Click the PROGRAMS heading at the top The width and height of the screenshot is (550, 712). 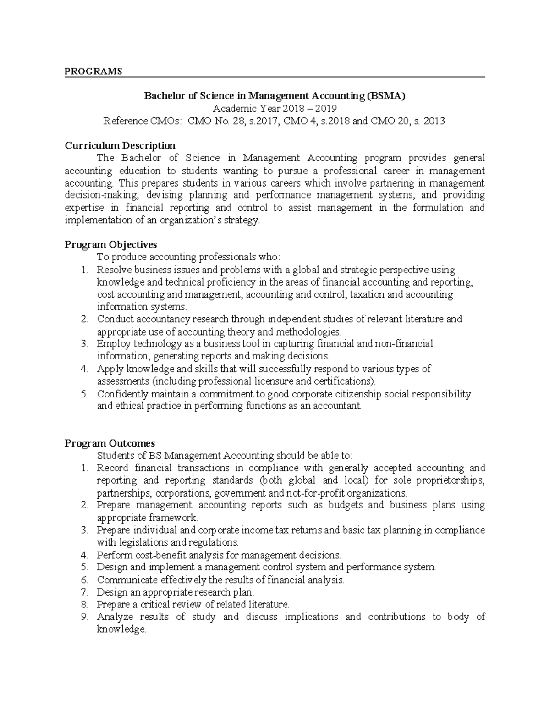click(93, 71)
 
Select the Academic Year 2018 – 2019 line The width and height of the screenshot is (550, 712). click(275, 109)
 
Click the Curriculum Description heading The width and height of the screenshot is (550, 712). click(120, 146)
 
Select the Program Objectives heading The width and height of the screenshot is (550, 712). click(110, 244)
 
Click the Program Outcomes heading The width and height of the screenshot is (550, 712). click(110, 443)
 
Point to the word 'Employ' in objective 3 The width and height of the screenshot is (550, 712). click(110, 344)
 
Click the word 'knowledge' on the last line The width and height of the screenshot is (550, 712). click(121, 629)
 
